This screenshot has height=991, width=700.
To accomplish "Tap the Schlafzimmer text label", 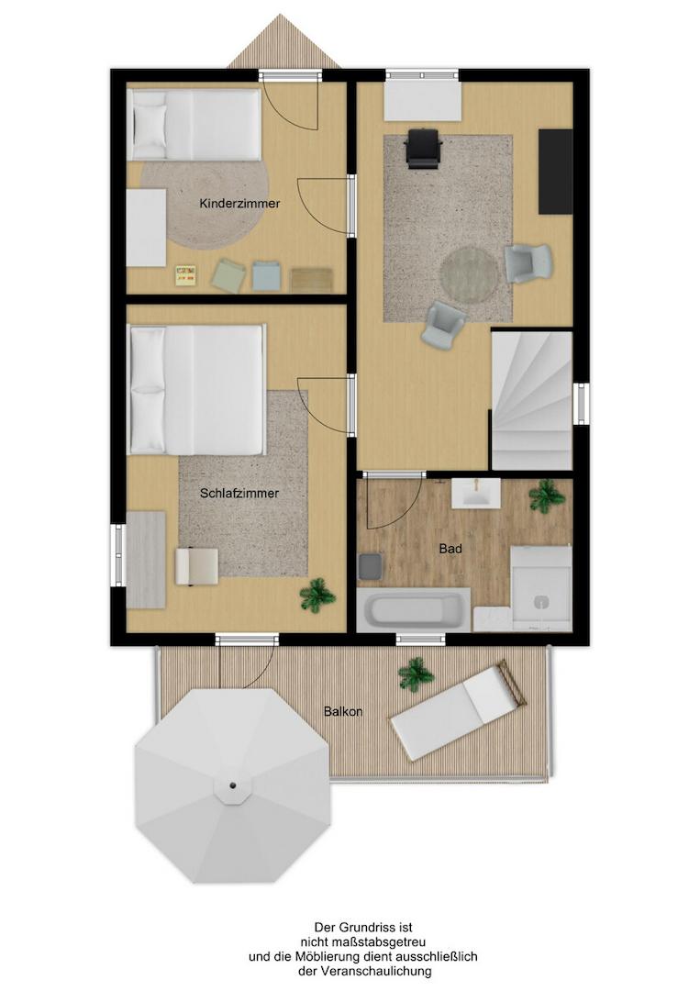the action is click(239, 494).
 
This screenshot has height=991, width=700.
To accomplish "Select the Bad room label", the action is click(450, 549).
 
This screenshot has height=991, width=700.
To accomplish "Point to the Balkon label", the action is click(343, 712).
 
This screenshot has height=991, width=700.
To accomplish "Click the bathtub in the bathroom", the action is click(414, 610).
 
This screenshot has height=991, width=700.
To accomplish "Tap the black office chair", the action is click(422, 149).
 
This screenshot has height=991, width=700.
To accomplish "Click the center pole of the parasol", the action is click(232, 785).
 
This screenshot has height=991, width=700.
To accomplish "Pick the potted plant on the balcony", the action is click(417, 674).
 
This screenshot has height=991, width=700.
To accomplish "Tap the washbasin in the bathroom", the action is click(476, 493).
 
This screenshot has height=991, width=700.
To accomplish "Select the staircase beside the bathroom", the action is click(532, 401).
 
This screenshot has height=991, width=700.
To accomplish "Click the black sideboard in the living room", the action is click(555, 172).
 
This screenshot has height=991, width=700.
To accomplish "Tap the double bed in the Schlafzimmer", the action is click(196, 389).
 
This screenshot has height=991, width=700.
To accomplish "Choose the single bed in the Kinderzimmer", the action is click(194, 124).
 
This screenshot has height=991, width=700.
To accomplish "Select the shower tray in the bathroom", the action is click(540, 588).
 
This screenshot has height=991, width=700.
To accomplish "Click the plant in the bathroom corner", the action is click(547, 495).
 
